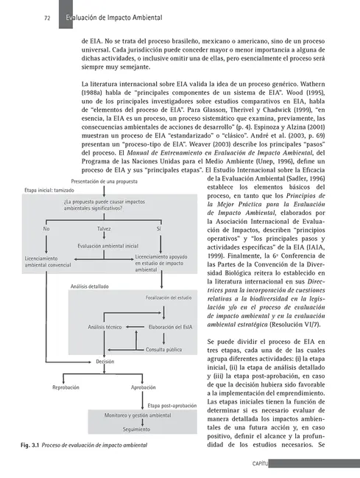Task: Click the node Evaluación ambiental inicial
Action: (103, 246)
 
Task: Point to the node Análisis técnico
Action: (105, 326)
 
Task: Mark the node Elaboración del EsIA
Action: (171, 326)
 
